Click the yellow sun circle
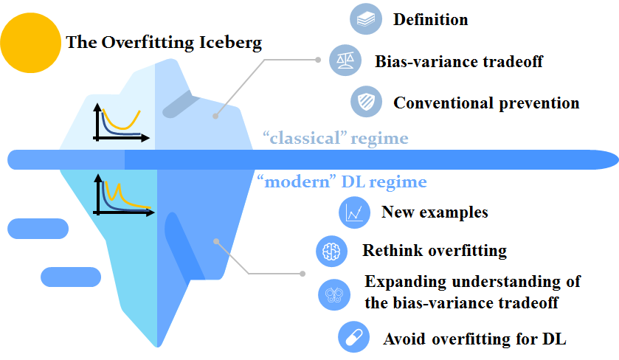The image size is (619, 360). (x=30, y=43)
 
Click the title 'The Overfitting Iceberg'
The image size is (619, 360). (x=164, y=42)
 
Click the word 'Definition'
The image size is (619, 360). (x=430, y=20)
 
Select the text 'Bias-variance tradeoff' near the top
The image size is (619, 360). (x=458, y=61)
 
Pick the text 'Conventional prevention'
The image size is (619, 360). (x=486, y=103)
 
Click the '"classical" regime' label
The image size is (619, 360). (x=336, y=138)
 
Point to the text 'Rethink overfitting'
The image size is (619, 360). (x=435, y=251)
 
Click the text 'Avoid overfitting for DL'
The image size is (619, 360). (x=474, y=339)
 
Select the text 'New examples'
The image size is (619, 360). (x=435, y=213)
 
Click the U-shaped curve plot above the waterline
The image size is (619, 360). (x=120, y=122)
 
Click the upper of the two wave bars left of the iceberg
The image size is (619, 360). (x=39, y=228)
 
